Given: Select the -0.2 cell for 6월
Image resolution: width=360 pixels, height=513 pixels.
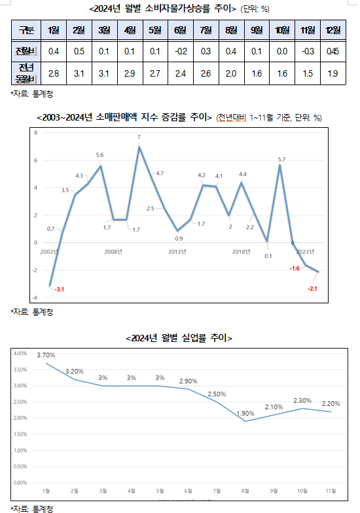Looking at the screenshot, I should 180,51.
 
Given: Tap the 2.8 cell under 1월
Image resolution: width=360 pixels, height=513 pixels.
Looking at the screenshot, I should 54,74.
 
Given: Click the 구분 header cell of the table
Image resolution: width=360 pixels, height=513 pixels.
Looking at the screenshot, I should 26,31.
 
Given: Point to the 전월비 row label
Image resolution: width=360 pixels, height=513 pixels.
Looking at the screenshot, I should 26,51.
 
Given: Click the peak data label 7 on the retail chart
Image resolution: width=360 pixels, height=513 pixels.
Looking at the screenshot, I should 139,137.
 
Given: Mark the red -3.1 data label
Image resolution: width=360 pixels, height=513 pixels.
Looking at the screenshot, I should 60,289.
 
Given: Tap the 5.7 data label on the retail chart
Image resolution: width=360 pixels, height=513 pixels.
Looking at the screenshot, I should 281,159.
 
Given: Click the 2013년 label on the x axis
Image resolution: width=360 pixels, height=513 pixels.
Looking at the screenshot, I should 177,252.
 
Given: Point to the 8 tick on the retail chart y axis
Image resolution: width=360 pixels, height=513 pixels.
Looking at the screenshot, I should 35,132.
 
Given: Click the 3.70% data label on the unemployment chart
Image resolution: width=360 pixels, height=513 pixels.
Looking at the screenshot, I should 46,355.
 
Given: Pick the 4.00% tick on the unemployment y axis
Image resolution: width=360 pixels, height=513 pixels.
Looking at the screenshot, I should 20,353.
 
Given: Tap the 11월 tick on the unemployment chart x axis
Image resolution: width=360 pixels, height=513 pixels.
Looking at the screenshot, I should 331,490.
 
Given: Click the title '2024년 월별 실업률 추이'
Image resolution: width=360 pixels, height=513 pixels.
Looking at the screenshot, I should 179,338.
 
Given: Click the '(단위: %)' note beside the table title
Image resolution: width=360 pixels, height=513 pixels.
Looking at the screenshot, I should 257,9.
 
